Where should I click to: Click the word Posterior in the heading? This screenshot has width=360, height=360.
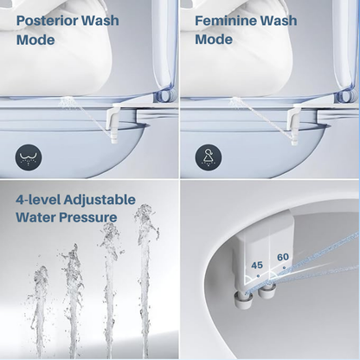[47, 21]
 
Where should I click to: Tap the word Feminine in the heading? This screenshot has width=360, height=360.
[225, 21]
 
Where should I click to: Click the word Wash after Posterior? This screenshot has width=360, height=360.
[100, 21]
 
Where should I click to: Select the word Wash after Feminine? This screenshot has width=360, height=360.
[279, 21]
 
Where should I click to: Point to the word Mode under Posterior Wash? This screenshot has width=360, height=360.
[35, 40]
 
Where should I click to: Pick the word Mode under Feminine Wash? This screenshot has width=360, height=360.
[214, 40]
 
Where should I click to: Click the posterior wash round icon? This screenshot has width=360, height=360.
[29, 157]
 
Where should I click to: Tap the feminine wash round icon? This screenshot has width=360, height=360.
[209, 157]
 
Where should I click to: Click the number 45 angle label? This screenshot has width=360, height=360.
[256, 265]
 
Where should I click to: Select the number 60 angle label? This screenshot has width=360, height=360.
[283, 257]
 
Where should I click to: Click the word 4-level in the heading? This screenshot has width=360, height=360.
[37, 200]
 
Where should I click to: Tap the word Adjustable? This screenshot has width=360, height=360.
[100, 200]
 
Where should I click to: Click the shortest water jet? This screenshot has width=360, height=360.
[40, 309]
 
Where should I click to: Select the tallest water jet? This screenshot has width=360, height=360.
[145, 277]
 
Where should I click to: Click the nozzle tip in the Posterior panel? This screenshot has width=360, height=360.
[114, 139]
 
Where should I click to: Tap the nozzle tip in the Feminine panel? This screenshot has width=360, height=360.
[294, 141]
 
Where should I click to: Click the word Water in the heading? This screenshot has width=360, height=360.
[35, 217]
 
